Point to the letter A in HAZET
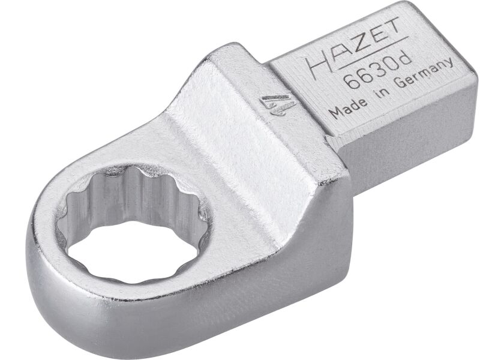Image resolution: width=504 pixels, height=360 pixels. coord(336,52)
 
